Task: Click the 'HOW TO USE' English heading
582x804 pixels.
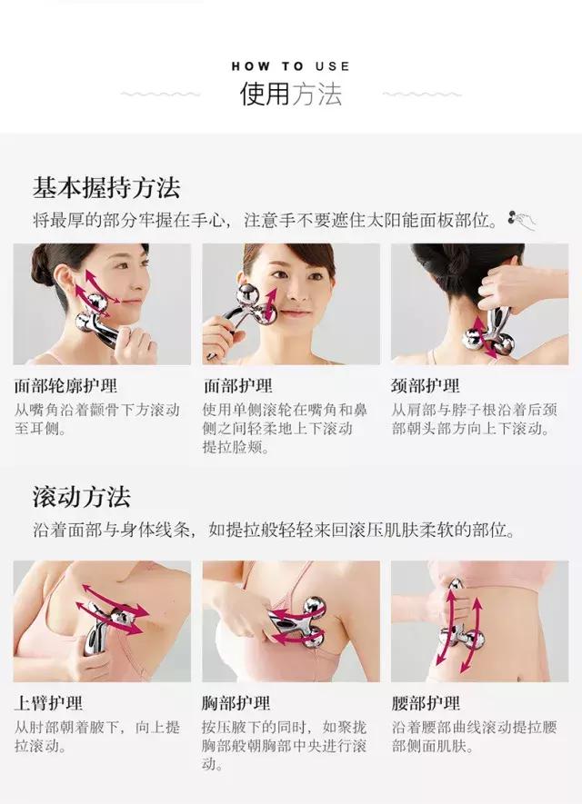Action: click(290, 66)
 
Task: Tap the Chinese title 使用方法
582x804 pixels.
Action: click(290, 94)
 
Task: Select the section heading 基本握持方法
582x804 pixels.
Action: click(106, 187)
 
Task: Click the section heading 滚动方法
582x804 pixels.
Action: click(81, 496)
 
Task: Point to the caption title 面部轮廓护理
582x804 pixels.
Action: click(65, 386)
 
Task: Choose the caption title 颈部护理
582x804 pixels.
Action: click(426, 386)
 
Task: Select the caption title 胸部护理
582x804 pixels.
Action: click(236, 703)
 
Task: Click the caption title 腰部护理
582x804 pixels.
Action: click(426, 703)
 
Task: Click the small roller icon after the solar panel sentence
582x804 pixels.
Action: click(522, 218)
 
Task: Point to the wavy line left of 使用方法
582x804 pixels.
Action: click(160, 94)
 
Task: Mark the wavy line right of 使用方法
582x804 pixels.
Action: click(421, 94)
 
